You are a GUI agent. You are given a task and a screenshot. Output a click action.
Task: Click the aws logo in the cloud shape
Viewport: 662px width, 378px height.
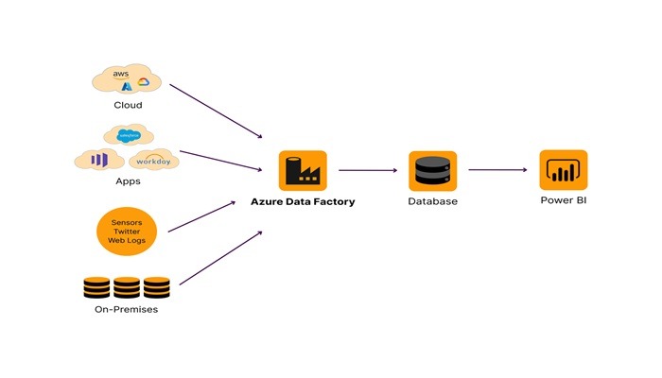pos(121,73)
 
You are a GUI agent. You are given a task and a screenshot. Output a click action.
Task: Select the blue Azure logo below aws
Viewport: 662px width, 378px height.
pos(128,87)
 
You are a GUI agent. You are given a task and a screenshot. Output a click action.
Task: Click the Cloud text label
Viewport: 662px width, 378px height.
pos(128,106)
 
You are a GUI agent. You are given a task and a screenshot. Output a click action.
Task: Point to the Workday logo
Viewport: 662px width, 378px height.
pos(150,160)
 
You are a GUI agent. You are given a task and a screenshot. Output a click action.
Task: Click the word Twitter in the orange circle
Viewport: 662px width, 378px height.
pos(127,232)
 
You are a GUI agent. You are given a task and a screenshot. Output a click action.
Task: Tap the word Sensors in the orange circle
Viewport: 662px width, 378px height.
pos(127,221)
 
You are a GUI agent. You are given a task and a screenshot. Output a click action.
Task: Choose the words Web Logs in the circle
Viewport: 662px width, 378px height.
pos(127,242)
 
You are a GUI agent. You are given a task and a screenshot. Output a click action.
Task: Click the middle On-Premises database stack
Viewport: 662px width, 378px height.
pos(128,286)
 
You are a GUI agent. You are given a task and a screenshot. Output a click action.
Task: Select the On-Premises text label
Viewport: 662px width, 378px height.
pos(128,309)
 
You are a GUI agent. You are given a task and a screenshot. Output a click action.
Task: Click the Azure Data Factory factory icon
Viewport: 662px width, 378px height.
pos(302,171)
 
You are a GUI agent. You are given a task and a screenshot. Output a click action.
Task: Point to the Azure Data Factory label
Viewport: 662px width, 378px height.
pos(302,201)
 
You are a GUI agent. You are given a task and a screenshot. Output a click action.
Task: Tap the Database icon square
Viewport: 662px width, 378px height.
pos(433,171)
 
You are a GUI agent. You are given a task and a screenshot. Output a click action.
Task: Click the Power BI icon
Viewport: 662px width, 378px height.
pos(563,170)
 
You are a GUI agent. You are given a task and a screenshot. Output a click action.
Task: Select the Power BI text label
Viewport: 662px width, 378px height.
pos(563,200)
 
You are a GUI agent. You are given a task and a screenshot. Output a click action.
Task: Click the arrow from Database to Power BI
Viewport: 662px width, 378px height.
pos(497,170)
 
